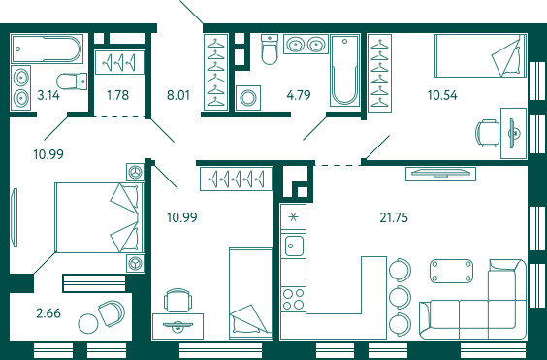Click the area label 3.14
pos(48,95)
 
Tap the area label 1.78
pos(118,95)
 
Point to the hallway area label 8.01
pos(177,95)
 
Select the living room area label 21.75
pos(394,217)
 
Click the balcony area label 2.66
pos(48,313)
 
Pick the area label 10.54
pos(442,95)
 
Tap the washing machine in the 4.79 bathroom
pos(247,98)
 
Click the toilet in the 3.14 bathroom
pos(72,82)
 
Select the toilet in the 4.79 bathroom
pos(270,49)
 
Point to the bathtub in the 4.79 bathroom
pos(344,70)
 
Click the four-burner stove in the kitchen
pos(294,299)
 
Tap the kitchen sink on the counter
pos(294,245)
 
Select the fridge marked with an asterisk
pos(294,217)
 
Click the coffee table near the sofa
pos(452,271)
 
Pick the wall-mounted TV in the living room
pos(440,174)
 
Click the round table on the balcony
pos(88,324)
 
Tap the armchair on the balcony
pos(112,312)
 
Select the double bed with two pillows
pos(100,217)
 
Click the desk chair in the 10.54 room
pos(487,133)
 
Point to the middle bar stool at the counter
pos(401,297)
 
